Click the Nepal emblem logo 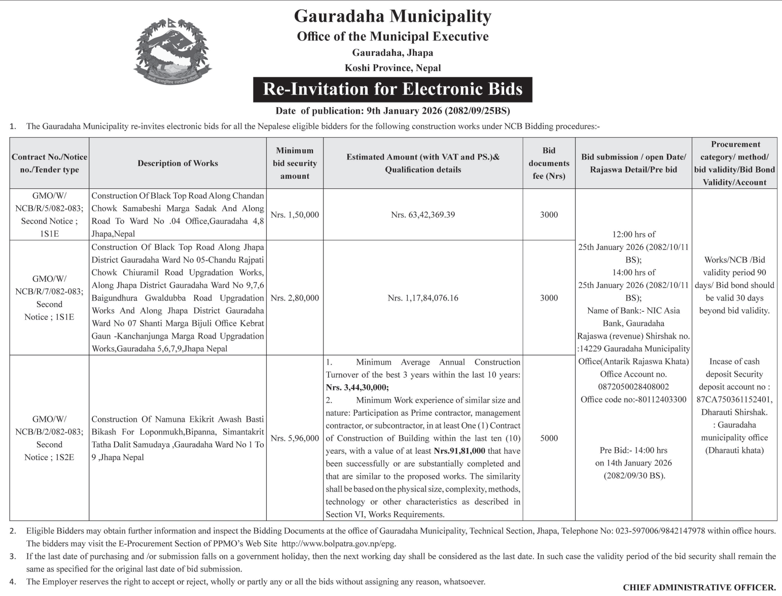click(173, 51)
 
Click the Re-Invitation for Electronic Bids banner click(393, 89)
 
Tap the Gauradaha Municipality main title click(393, 16)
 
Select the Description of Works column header click(177, 163)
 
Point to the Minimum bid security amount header click(295, 163)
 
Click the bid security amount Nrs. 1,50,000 click(295, 215)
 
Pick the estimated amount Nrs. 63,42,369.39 click(423, 215)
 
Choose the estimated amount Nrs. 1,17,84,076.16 click(423, 298)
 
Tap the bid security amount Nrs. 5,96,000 click(295, 438)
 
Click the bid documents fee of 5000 click(549, 438)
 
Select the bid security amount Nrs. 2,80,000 click(295, 298)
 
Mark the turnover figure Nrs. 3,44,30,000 click(357, 388)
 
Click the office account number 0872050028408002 click(633, 387)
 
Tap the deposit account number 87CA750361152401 click(734, 400)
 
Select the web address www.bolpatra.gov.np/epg click(338, 544)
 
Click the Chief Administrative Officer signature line click(699, 587)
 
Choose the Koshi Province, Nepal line click(393, 68)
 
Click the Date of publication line click(393, 111)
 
